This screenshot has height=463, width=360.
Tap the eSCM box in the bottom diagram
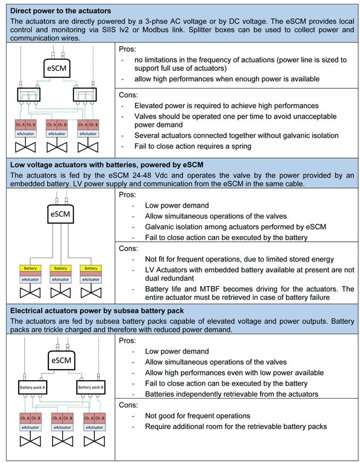60,360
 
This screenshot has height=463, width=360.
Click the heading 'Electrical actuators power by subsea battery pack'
97,310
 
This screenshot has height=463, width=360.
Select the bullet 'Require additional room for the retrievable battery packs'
236,426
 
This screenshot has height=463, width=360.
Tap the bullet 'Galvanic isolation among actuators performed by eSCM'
236,227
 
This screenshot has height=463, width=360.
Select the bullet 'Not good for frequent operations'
198,416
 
